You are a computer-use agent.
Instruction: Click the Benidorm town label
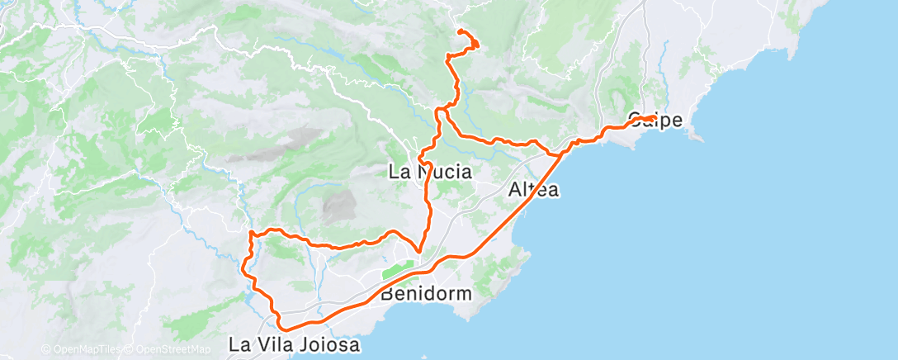coord(426,293)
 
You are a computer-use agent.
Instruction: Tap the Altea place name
coord(533,190)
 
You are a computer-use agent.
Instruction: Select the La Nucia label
coord(430,173)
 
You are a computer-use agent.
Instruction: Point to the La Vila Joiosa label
coord(295,345)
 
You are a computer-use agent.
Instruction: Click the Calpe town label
coord(655,121)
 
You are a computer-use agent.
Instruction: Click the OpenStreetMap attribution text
coord(174,349)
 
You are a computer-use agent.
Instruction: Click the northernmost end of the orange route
coord(459,31)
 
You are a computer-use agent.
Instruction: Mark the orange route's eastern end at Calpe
coord(655,118)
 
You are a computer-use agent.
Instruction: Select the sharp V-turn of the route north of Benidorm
coord(419,252)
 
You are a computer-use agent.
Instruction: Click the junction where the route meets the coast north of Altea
coord(561,153)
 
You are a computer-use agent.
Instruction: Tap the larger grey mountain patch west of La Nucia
coord(335,206)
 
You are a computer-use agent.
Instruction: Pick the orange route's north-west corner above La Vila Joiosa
coord(251,234)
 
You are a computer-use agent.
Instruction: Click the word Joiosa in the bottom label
coord(330,345)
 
